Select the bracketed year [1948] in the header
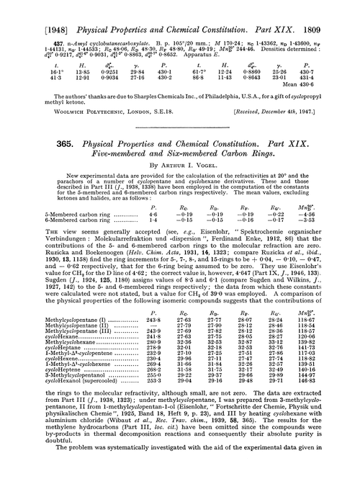point(28,9)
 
